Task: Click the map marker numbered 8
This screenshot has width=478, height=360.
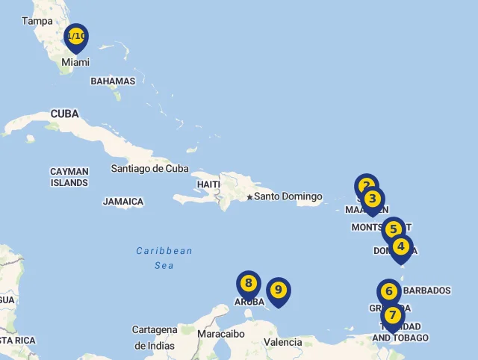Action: coord(249,284)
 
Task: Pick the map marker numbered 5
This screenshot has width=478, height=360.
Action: coord(393,230)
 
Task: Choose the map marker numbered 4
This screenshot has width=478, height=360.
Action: coord(401,246)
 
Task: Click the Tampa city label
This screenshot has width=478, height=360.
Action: coord(37,21)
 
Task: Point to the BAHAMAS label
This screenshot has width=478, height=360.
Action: coord(113,81)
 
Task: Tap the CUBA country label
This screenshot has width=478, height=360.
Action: coord(65,114)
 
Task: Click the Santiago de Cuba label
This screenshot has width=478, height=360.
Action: coord(149,169)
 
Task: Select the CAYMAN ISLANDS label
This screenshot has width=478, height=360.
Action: coord(69,177)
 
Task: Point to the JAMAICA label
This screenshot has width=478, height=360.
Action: coord(123,202)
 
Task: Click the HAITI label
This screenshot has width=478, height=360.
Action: coord(208,184)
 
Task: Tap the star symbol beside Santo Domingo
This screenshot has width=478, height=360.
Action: coord(249,197)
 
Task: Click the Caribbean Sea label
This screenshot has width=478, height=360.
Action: coord(164,258)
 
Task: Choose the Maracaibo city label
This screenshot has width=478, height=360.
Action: coord(221,334)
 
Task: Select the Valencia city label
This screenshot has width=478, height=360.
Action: coord(283,342)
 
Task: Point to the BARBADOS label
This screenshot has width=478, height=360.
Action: coord(426,291)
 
